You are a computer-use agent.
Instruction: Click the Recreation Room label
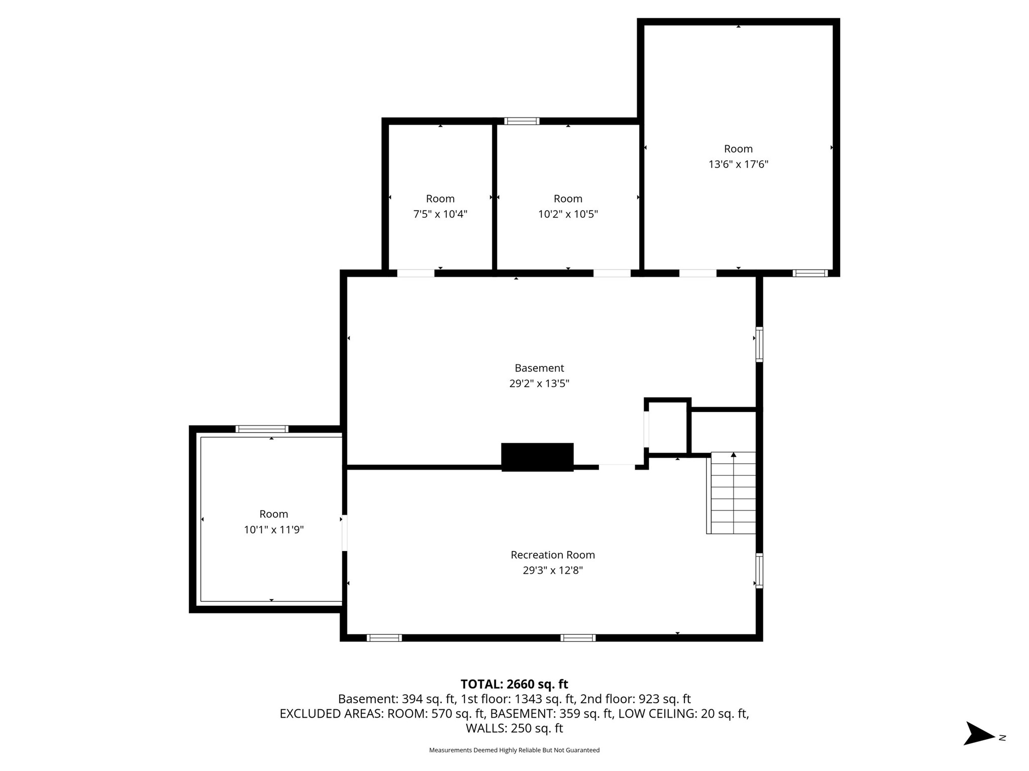552,555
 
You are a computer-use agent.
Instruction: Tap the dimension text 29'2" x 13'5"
539,383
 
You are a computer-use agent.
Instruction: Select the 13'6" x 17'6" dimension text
738,164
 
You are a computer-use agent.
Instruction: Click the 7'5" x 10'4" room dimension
440,214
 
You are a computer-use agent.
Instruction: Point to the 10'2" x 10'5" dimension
568,214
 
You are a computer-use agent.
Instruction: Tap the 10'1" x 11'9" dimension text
274,530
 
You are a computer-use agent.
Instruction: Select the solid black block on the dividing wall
537,457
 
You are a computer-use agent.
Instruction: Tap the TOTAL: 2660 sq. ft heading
514,684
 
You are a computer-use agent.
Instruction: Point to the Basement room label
539,368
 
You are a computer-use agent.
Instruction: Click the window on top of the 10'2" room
522,121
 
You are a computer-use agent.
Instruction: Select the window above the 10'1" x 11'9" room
262,429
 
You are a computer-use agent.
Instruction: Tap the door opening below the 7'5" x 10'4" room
416,274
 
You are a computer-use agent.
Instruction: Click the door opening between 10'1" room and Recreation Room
344,533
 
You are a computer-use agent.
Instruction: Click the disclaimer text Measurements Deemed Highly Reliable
514,750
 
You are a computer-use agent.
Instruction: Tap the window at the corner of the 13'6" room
810,273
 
